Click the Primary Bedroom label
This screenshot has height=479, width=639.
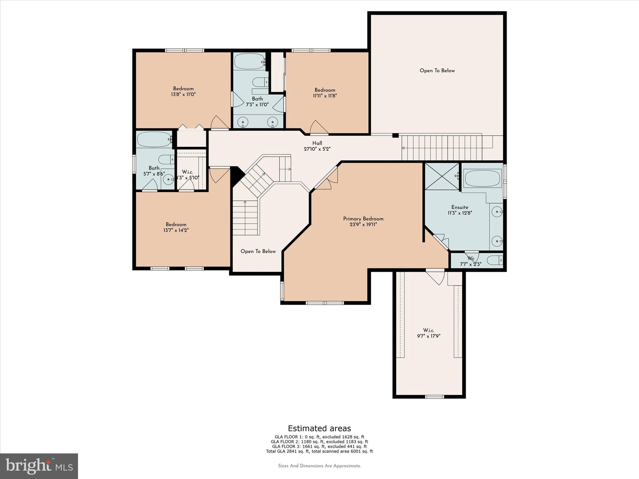click(x=363, y=219)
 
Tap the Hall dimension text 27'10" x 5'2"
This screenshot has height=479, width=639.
click(x=317, y=149)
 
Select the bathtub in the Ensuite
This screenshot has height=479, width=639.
click(x=482, y=178)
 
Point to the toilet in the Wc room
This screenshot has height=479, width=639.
click(x=495, y=260)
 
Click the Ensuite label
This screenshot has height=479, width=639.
click(x=460, y=207)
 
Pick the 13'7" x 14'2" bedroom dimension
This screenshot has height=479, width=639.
click(x=176, y=230)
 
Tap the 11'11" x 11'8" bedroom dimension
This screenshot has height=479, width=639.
click(x=325, y=96)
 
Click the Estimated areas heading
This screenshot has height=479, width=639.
click(x=319, y=428)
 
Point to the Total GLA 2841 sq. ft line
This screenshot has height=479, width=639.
click(x=319, y=451)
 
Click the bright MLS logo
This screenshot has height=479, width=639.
click(x=39, y=466)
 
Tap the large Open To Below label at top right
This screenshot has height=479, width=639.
click(x=437, y=70)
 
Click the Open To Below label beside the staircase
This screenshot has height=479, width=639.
click(x=258, y=251)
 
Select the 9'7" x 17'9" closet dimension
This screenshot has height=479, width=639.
click(x=428, y=336)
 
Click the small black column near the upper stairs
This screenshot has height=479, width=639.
click(x=395, y=135)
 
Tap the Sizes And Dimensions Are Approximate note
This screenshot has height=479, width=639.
click(x=319, y=466)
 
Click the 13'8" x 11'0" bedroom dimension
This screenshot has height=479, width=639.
click(x=183, y=94)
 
